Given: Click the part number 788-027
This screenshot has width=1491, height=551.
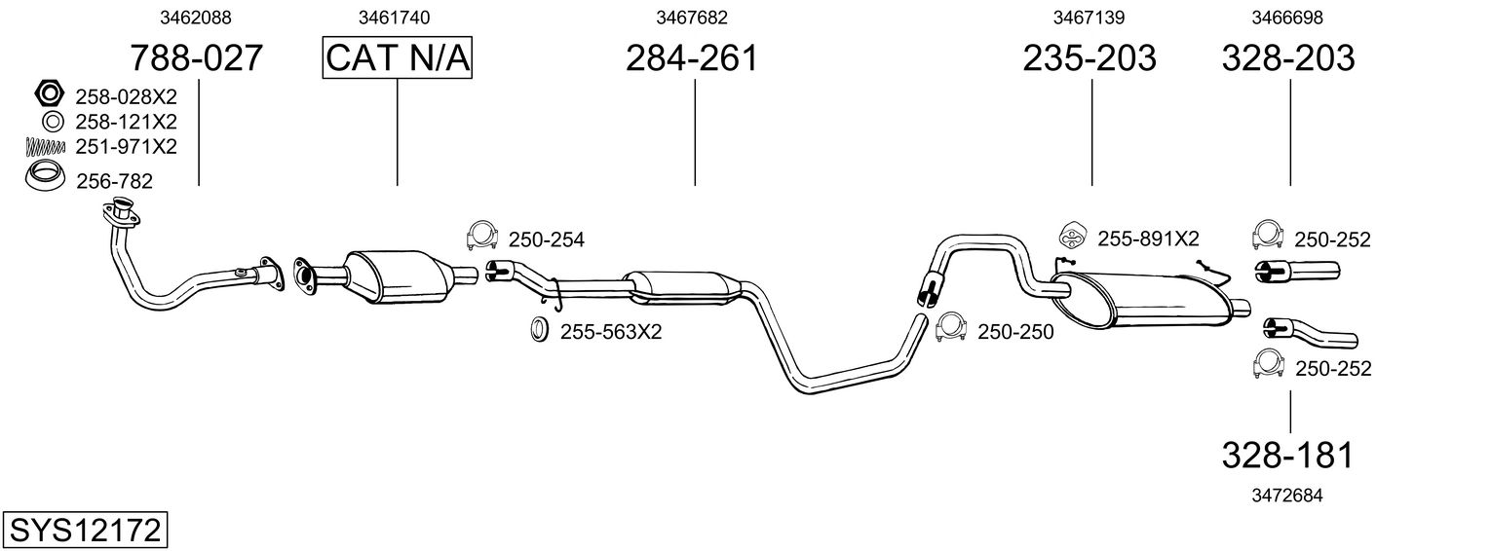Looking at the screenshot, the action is click(197, 58).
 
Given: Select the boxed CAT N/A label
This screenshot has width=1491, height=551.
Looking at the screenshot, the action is click(398, 58).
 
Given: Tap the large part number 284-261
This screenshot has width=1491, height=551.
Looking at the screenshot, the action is click(691, 58).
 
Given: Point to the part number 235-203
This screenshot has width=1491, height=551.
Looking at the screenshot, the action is click(1090, 58).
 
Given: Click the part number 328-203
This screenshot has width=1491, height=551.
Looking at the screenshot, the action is click(1288, 58).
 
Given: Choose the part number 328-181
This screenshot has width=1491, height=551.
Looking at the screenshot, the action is click(1288, 455).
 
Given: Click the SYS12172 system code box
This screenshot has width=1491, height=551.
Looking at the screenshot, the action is click(85, 531).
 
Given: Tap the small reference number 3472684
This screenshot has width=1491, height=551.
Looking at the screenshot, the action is click(1286, 495).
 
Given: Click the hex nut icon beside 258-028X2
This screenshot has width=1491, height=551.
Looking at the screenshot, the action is click(48, 95).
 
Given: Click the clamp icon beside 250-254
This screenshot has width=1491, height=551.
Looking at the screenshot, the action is click(481, 236).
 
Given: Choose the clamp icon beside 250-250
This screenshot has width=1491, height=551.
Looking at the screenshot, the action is click(950, 328).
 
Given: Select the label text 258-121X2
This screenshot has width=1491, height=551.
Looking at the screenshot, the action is click(126, 122).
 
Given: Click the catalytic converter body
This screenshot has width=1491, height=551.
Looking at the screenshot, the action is click(396, 275).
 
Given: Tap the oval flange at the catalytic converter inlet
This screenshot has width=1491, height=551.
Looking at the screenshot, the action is click(304, 275).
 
